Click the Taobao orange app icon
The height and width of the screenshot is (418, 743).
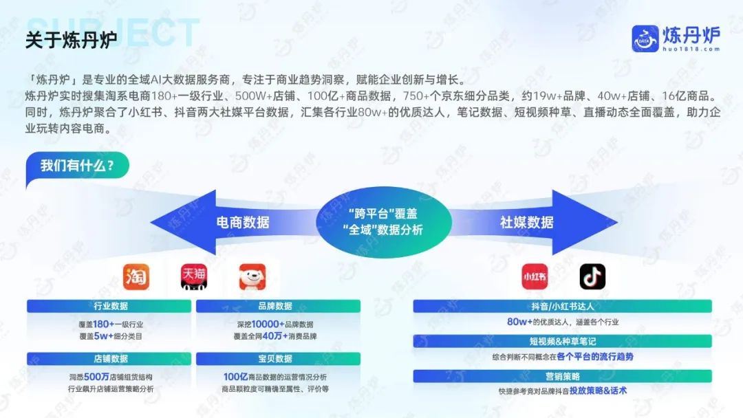click(x=136, y=277)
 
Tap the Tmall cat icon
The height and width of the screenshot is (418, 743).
click(x=194, y=277)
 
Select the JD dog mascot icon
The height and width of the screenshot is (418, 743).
click(x=252, y=277)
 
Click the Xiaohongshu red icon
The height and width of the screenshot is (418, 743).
click(x=535, y=276)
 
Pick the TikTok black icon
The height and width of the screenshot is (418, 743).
click(x=592, y=276)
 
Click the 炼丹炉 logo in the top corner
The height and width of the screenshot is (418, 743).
click(x=676, y=38)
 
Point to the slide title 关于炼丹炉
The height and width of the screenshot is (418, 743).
click(x=71, y=40)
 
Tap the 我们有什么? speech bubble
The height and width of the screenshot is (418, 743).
click(x=77, y=166)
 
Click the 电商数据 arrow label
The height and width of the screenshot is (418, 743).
click(x=243, y=222)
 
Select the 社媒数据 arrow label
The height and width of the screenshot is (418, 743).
click(x=526, y=222)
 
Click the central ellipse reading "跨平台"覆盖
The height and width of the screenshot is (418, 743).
click(x=383, y=221)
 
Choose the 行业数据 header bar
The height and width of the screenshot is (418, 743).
click(x=109, y=306)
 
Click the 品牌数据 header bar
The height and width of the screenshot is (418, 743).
click(x=278, y=306)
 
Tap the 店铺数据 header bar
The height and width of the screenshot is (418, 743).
click(x=109, y=359)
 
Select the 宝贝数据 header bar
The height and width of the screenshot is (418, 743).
click(x=278, y=359)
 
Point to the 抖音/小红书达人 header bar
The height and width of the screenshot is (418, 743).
click(x=563, y=306)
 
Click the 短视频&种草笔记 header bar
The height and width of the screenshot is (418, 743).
click(x=563, y=341)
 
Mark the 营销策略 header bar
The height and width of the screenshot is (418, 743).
click(x=563, y=376)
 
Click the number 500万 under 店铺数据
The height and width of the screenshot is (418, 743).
click(x=97, y=377)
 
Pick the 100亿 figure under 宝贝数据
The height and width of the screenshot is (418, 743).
click(x=235, y=377)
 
